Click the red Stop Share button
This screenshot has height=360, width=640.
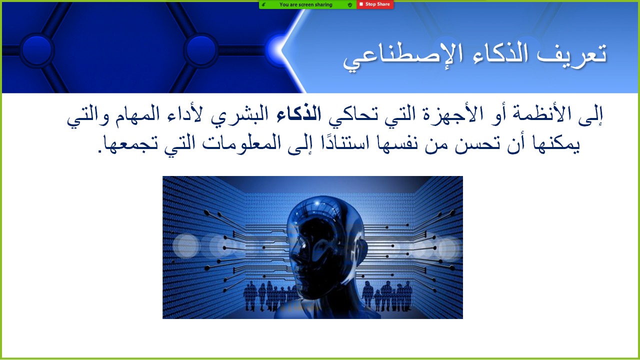(375, 4)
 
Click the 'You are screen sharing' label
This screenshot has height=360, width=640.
(305, 4)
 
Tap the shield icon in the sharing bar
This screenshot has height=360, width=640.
(350, 4)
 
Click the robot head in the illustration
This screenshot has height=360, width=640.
(325, 251)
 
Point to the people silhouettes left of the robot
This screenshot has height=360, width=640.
(268, 296)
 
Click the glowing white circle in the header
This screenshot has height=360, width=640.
(276, 50)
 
